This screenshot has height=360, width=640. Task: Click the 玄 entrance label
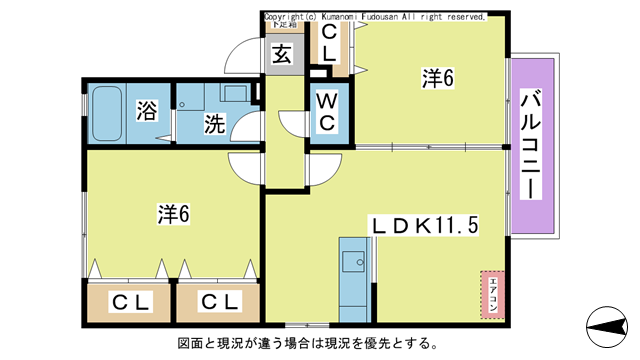[x=282, y=55]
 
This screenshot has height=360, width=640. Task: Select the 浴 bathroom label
[x=146, y=110]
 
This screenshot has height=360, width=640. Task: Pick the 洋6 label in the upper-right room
[x=438, y=79]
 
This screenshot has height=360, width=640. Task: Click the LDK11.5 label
[x=424, y=226]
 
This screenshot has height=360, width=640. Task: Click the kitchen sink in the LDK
[x=354, y=261]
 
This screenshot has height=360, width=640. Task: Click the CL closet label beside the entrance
[x=328, y=45]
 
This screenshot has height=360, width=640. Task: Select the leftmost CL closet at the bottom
[x=130, y=301]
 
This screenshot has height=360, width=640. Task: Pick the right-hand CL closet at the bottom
[x=217, y=301]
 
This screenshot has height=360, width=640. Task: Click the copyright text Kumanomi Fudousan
[x=375, y=17]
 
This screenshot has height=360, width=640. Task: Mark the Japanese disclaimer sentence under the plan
[x=307, y=344]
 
